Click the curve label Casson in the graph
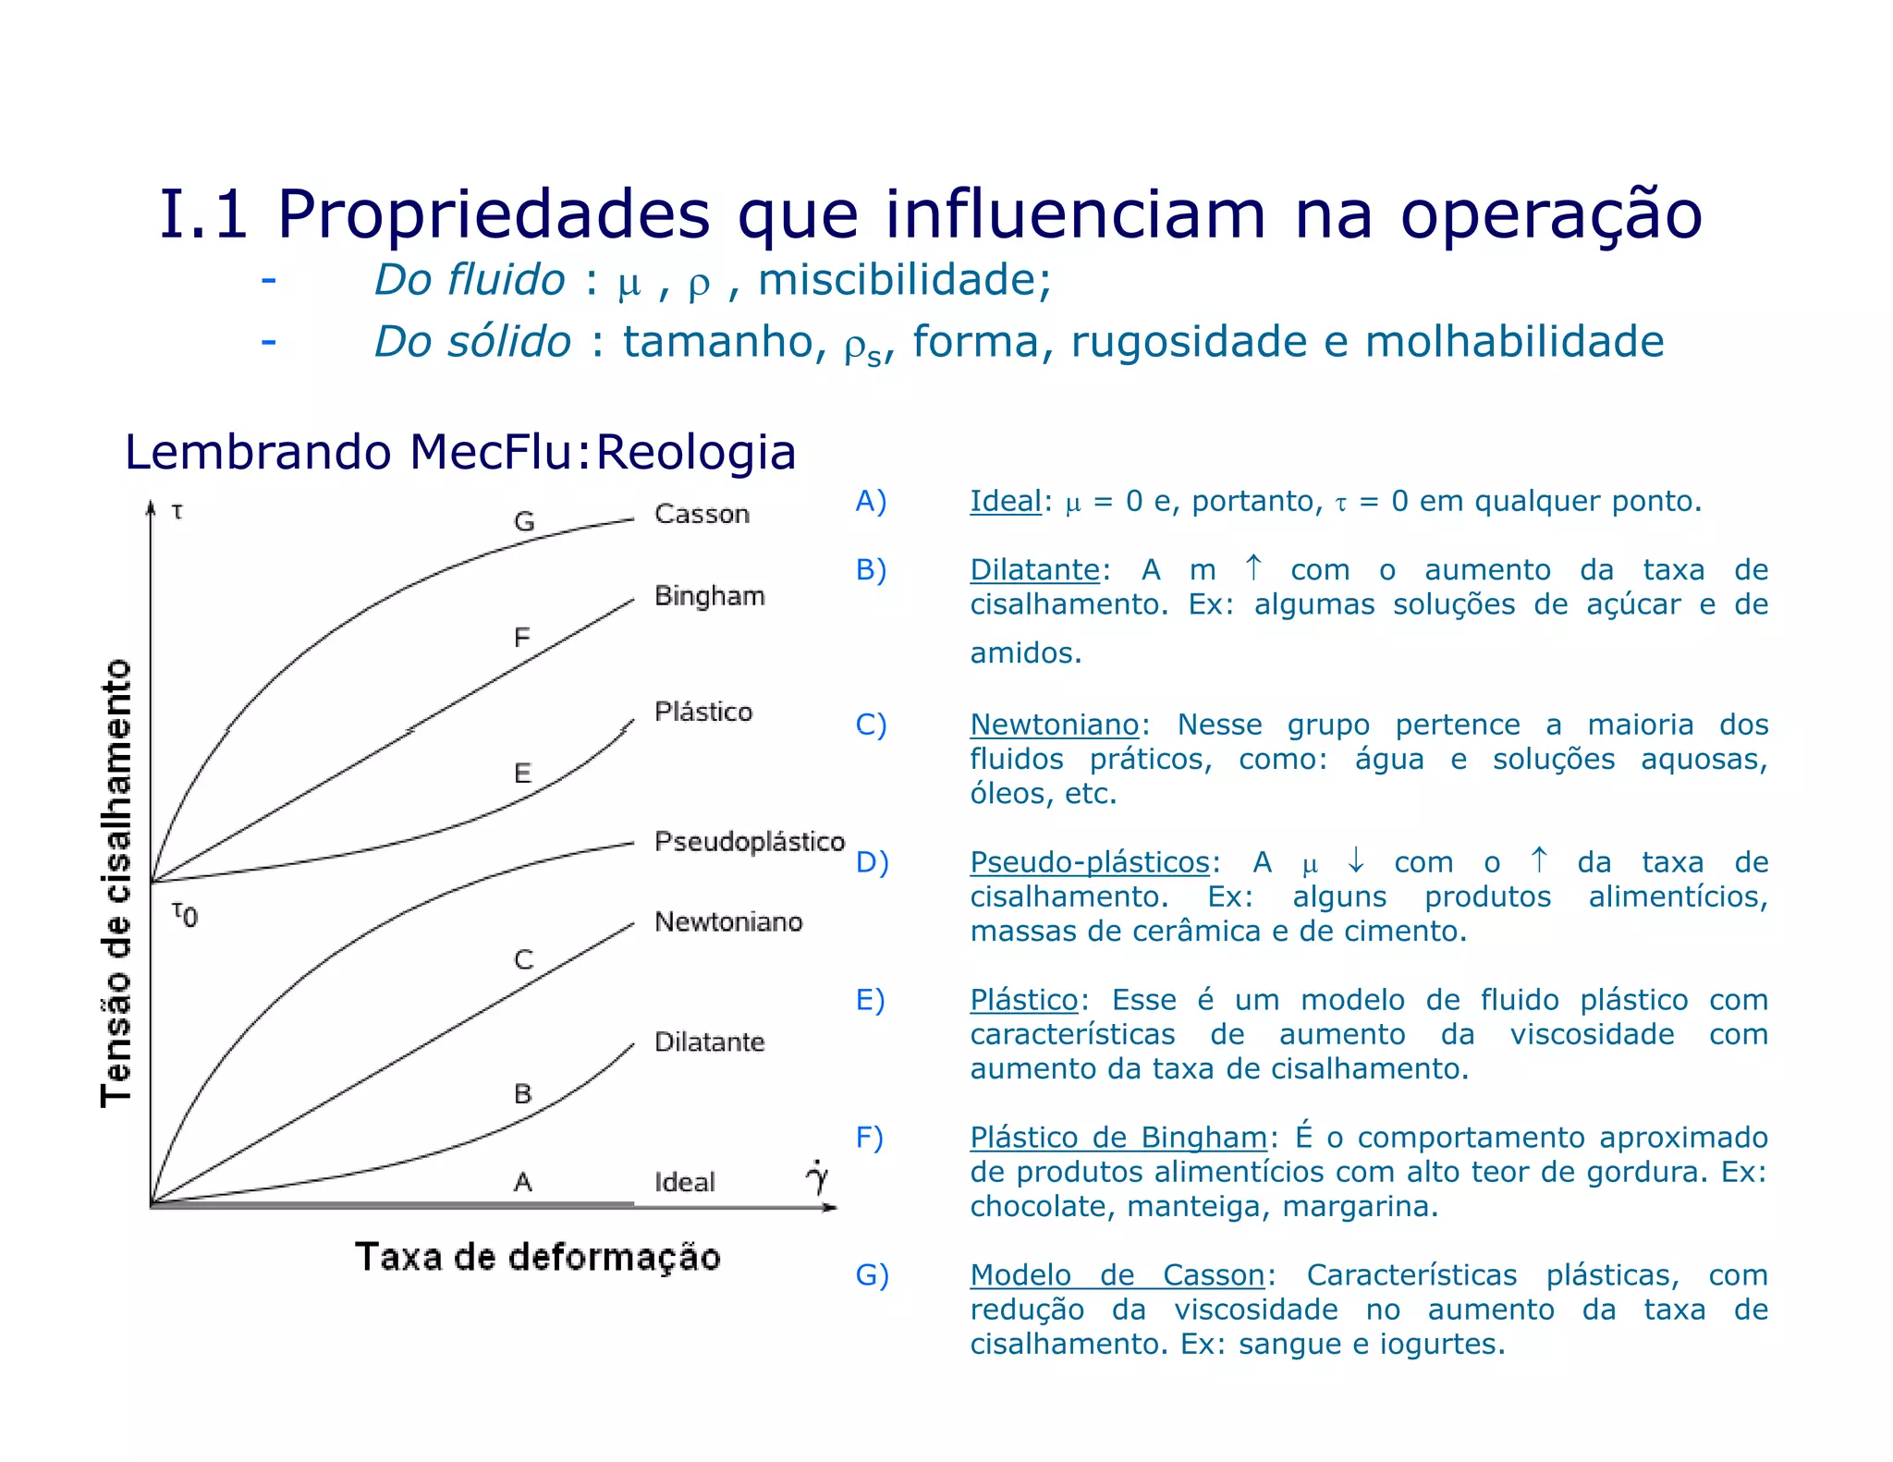(x=702, y=514)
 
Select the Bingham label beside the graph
(x=709, y=596)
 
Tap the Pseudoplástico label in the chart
(x=749, y=842)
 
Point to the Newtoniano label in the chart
(x=728, y=921)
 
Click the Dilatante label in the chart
(x=709, y=1042)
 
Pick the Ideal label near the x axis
(x=684, y=1182)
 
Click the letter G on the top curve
(x=524, y=522)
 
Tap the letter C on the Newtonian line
(x=523, y=960)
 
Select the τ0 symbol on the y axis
(x=184, y=915)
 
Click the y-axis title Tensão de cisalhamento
(x=117, y=883)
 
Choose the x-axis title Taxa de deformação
(x=537, y=1258)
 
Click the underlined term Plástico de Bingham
(x=1117, y=1138)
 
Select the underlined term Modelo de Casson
(x=1117, y=1275)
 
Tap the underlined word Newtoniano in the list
(x=1054, y=725)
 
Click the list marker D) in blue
(x=872, y=862)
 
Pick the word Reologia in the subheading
(x=695, y=453)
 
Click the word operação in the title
(x=1550, y=215)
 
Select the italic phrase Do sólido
(x=472, y=342)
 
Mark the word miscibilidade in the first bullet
(x=904, y=280)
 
